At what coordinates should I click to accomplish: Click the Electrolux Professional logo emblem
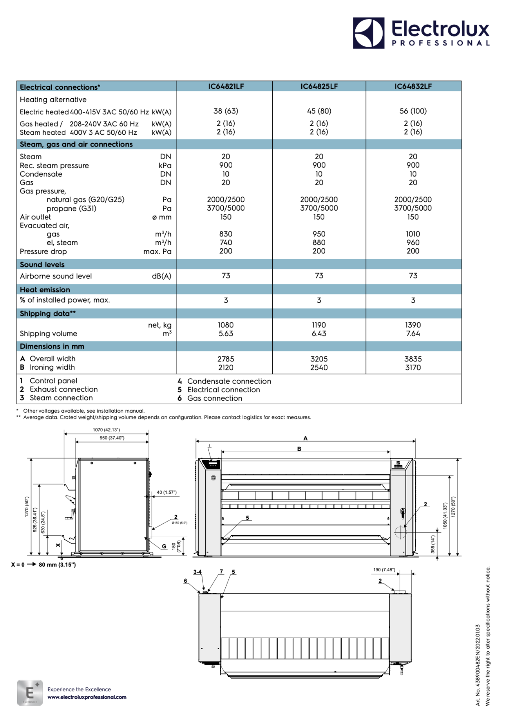click(369, 33)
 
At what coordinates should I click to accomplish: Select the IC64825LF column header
click(319, 87)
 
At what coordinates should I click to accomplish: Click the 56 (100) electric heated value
click(413, 111)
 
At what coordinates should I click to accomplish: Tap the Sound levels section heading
click(42, 265)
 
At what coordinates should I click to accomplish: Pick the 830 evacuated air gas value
click(226, 234)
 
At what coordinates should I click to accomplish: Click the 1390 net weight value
click(413, 325)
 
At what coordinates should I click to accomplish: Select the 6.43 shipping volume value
click(319, 334)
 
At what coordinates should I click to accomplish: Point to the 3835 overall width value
click(413, 359)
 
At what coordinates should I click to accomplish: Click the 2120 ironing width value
click(226, 368)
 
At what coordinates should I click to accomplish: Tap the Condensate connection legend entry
click(229, 381)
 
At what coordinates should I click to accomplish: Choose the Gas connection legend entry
click(215, 398)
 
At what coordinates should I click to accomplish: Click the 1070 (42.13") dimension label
click(106, 430)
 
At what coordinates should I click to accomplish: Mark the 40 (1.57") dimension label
click(166, 492)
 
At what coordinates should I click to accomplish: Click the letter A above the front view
click(305, 438)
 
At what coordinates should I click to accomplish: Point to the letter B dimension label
click(299, 449)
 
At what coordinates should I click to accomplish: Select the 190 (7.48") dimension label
click(384, 570)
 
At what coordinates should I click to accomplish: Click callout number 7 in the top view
click(221, 572)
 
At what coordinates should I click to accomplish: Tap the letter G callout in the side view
click(164, 546)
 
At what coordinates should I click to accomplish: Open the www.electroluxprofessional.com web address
click(87, 697)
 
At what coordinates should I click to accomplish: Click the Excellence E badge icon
click(30, 693)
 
